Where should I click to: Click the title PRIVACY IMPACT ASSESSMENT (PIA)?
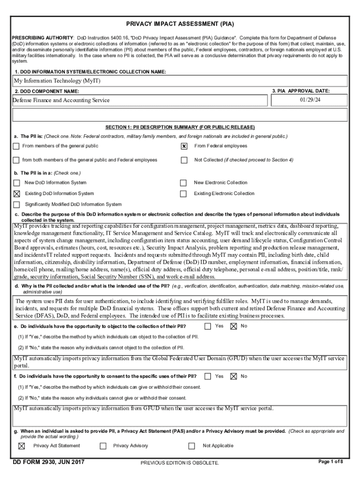[x=180, y=24]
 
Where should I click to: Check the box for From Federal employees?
[x=184, y=146]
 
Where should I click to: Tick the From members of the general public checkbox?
[x=16, y=146]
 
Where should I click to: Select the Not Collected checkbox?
[x=184, y=160]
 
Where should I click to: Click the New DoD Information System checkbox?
[x=17, y=183]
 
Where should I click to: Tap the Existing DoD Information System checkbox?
[x=17, y=194]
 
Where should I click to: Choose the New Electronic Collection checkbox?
[x=184, y=183]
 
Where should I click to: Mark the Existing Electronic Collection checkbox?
[x=184, y=194]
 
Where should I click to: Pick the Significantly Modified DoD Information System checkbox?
[x=17, y=204]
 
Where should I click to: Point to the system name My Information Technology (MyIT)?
[x=57, y=81]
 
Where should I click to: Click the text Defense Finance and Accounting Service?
[x=61, y=100]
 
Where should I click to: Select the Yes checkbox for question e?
[x=208, y=326]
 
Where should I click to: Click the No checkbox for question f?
[x=234, y=376]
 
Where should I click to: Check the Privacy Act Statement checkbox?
[x=22, y=446]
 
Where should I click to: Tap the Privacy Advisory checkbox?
[x=103, y=446]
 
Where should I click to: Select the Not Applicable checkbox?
[x=191, y=446]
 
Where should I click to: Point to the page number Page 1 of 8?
[x=331, y=462]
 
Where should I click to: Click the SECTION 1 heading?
[x=180, y=127]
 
